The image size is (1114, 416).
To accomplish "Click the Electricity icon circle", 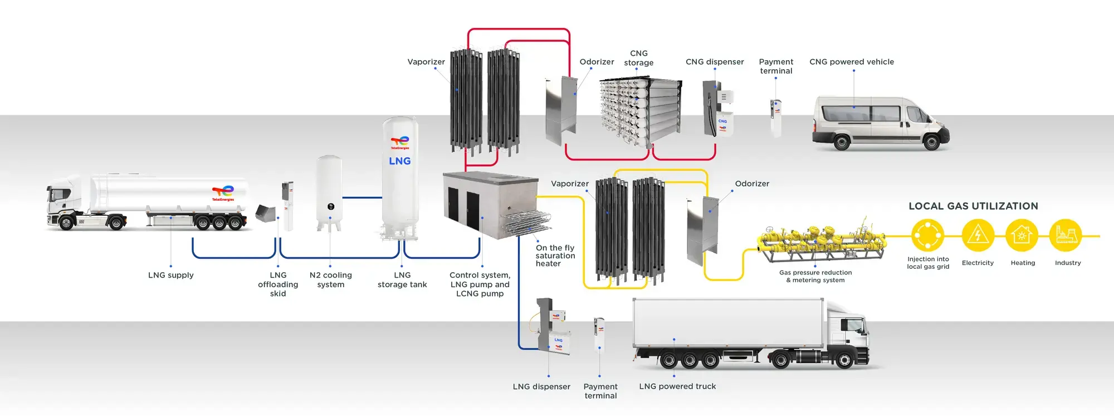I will click(978, 235).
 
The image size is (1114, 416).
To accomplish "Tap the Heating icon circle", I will click(1022, 235).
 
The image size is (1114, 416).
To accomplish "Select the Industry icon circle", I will click(1065, 235).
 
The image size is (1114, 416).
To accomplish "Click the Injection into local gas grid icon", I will click(928, 235).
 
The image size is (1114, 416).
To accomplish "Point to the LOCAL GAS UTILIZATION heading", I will click(973, 206).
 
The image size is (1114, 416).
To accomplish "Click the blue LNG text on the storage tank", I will click(399, 161).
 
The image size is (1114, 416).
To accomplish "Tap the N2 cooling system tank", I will click(329, 191).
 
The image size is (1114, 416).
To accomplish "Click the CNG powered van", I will click(880, 124).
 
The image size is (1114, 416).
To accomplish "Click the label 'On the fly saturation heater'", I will click(555, 255).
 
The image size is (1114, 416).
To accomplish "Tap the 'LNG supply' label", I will click(170, 275).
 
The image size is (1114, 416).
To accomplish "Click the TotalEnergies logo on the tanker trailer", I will click(223, 192).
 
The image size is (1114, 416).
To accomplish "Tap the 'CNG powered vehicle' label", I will click(851, 62).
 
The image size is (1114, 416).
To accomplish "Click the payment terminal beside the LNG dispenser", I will click(599, 335).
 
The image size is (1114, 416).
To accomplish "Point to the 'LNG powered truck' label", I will click(677, 386).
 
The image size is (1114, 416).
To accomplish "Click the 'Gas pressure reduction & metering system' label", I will click(815, 276).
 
